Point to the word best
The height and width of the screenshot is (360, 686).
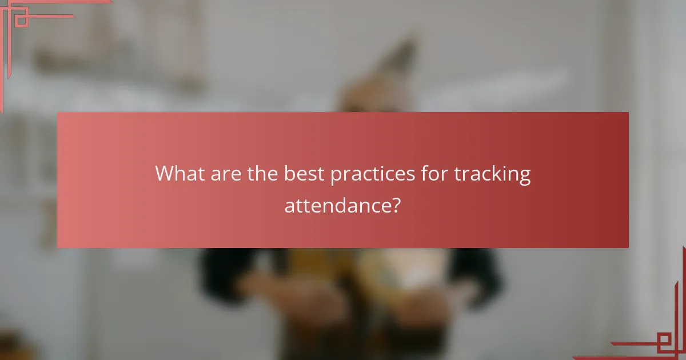(306, 173)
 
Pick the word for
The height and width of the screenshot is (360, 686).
(434, 173)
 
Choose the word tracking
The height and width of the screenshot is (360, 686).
(492, 174)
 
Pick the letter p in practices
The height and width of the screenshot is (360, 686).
(336, 175)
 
